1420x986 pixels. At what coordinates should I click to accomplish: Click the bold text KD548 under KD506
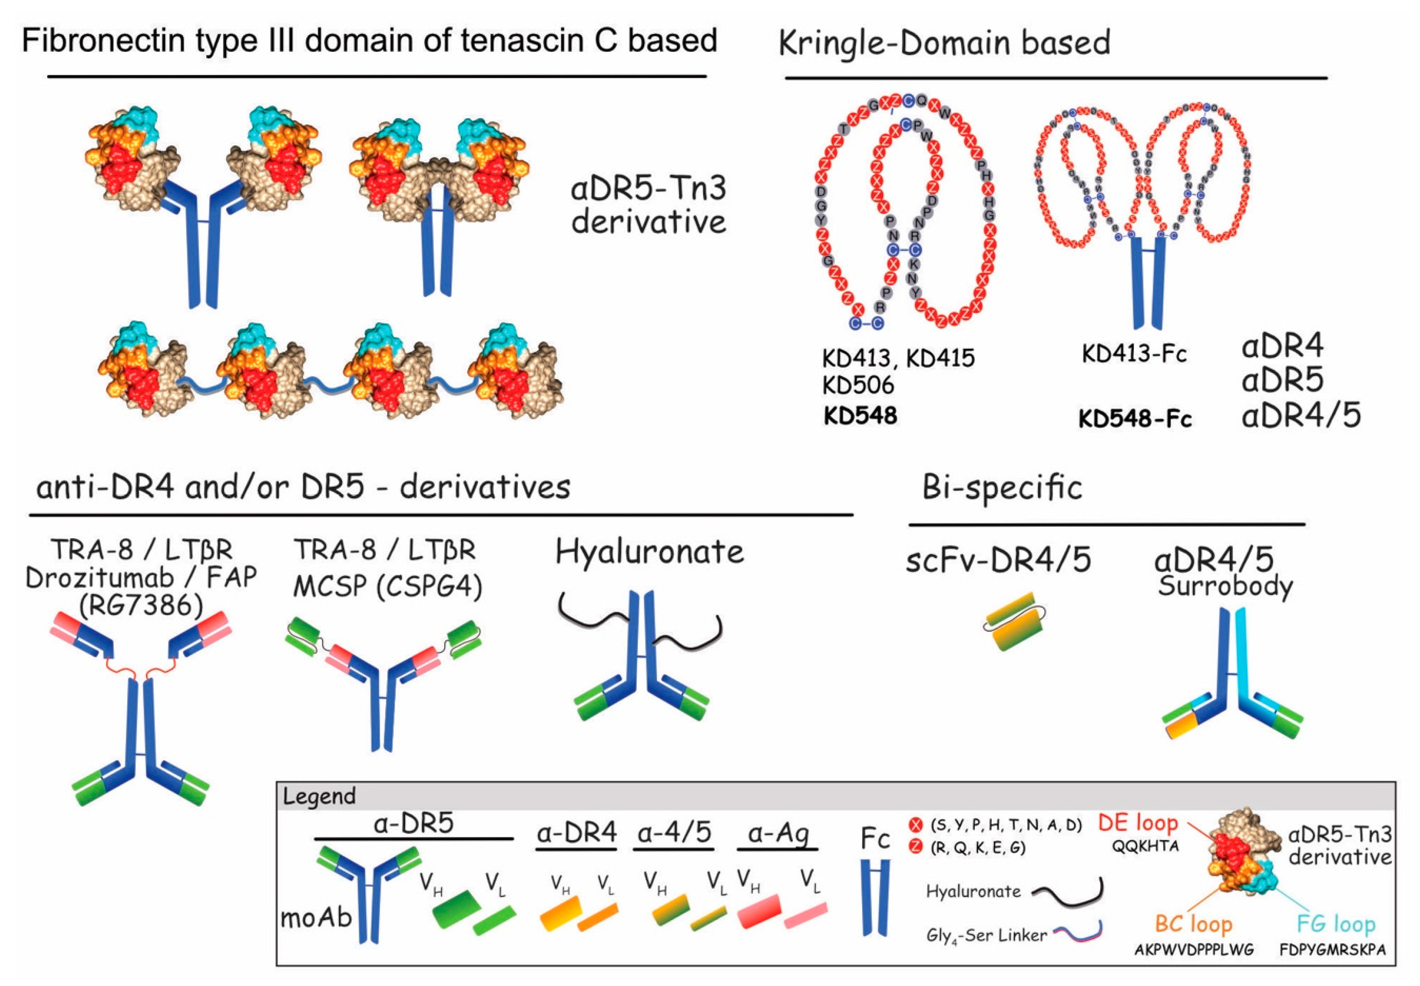(x=860, y=416)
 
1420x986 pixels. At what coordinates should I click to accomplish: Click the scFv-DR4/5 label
(x=998, y=561)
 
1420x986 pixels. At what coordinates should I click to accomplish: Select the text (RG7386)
(x=141, y=605)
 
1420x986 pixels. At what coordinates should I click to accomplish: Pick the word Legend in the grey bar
(x=319, y=796)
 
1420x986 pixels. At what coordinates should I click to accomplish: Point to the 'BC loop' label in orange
(x=1193, y=924)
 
